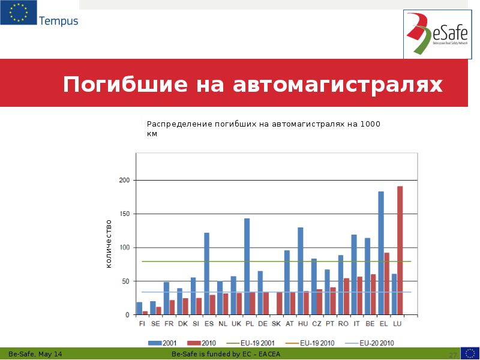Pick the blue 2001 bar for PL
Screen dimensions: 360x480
pyautogui.click(x=247, y=266)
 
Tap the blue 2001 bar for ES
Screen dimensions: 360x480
pyautogui.click(x=207, y=274)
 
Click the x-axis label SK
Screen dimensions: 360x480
pyautogui.click(x=276, y=323)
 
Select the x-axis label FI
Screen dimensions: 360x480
pyautogui.click(x=142, y=323)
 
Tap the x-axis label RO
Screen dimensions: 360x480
pyautogui.click(x=343, y=323)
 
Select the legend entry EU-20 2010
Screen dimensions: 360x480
pyautogui.click(x=376, y=343)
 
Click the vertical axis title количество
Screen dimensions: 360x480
pyautogui.click(x=109, y=243)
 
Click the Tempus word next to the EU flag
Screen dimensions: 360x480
pyautogui.click(x=59, y=21)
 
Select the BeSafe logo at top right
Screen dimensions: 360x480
pyautogui.click(x=437, y=34)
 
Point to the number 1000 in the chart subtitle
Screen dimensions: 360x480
pyautogui.click(x=370, y=124)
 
